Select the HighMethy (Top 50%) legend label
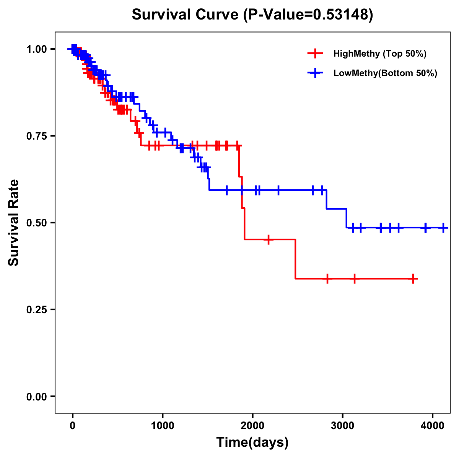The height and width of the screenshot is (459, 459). (380, 54)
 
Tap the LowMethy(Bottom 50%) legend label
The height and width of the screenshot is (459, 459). (385, 73)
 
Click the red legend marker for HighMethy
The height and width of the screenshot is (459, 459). (315, 54)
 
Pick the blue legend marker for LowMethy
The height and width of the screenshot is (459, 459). (315, 73)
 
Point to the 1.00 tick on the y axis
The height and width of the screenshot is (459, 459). (37, 49)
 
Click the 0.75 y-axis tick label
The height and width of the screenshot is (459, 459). (37, 136)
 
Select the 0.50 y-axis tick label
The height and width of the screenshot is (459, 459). (37, 223)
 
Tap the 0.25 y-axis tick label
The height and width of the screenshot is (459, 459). (37, 309)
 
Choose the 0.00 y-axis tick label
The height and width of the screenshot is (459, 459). (37, 396)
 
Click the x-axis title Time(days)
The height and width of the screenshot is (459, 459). (252, 443)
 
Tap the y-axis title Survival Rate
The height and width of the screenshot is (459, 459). (14, 223)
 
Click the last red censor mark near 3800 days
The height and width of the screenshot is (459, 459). (413, 279)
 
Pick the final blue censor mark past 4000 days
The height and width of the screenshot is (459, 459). (443, 228)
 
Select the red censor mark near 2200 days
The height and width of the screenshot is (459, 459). (269, 239)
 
